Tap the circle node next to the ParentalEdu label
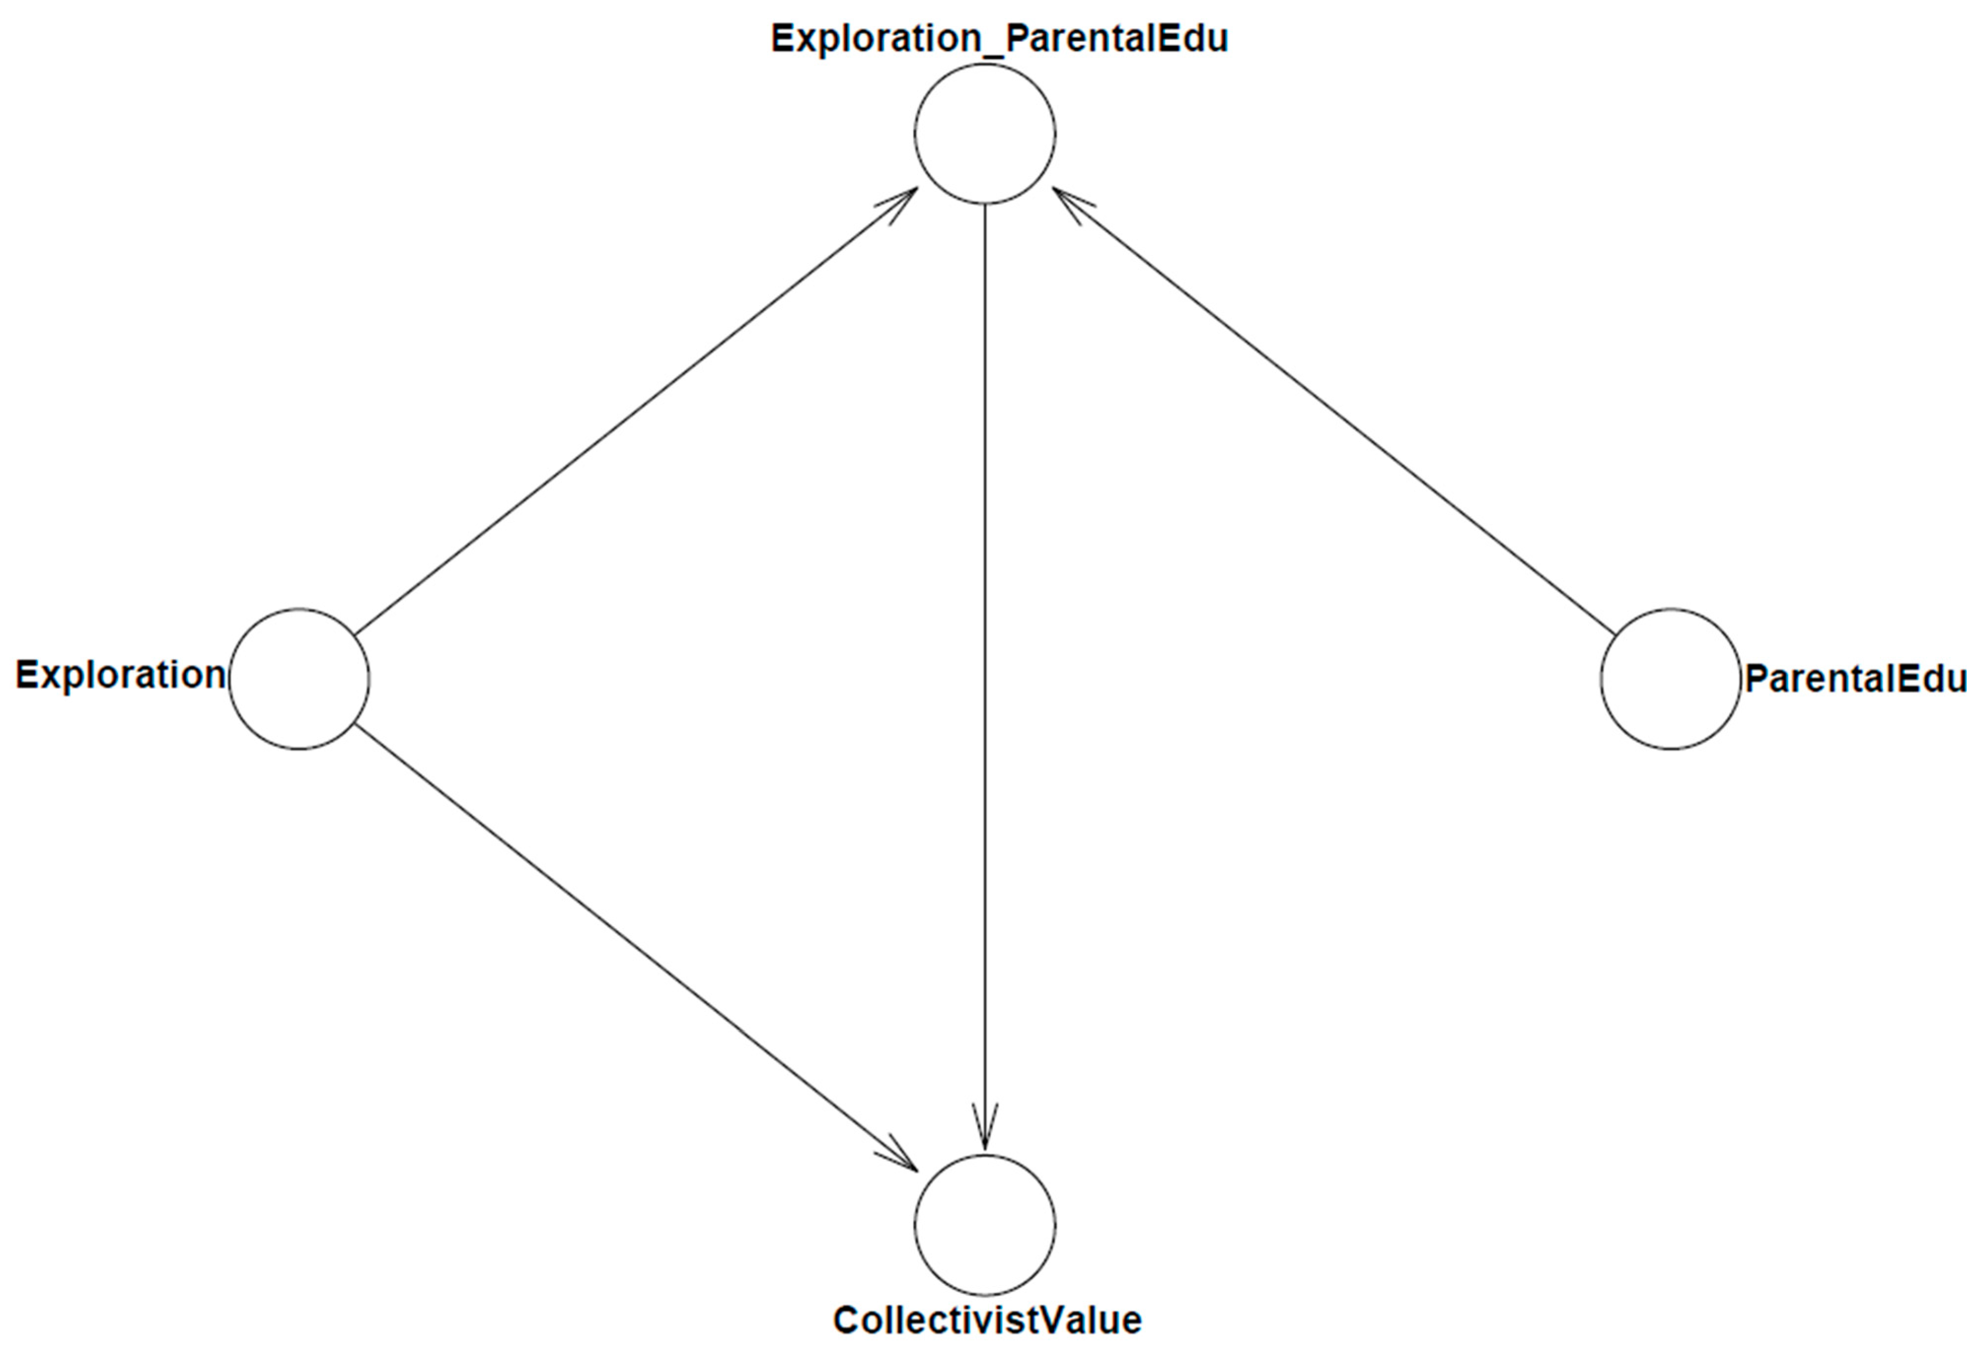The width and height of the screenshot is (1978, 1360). coord(1670,679)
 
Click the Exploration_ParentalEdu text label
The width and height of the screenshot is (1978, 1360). coord(999,39)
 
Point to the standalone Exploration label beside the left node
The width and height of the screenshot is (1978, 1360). coord(120,676)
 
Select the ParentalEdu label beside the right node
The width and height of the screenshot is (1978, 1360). coord(1855,679)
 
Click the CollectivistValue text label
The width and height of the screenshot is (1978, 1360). coord(987,1321)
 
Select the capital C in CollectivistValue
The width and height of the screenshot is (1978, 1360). coord(846,1321)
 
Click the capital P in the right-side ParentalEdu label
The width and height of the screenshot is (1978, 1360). coord(1757,679)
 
